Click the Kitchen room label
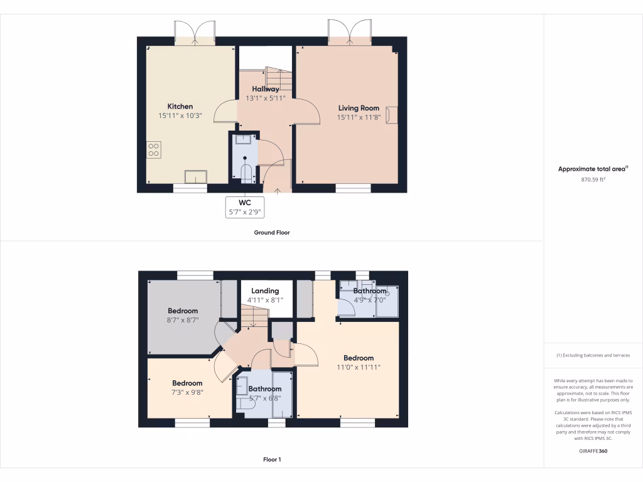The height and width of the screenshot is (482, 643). [180, 106]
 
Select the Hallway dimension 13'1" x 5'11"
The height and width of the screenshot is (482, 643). [266, 98]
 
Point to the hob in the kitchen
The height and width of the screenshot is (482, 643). [154, 149]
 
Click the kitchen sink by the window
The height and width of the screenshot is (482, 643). [195, 176]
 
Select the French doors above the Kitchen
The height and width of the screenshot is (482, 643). [195, 33]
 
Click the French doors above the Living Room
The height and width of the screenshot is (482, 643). [350, 32]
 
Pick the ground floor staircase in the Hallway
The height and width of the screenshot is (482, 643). [278, 78]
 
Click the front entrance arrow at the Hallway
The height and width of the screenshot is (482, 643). [277, 188]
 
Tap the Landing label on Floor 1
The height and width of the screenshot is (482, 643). [265, 291]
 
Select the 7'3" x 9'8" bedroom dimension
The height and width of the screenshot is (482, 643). [187, 392]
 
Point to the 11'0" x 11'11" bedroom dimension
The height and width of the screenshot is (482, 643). [359, 367]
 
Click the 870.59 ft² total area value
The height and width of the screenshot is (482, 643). [593, 179]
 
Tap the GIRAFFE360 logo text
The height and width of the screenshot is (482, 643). [593, 451]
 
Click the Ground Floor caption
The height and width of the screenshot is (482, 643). [271, 232]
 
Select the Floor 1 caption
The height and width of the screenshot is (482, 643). [272, 460]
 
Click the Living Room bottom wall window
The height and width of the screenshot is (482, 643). [352, 188]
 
